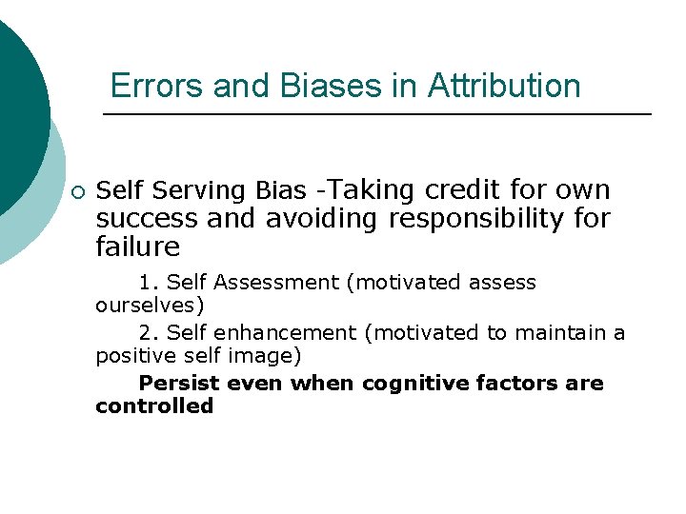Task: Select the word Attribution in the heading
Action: point(504,86)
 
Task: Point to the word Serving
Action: point(201,191)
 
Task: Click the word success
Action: point(148,219)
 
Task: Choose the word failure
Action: point(138,247)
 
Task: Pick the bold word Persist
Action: point(179,384)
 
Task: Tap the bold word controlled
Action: point(154,406)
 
